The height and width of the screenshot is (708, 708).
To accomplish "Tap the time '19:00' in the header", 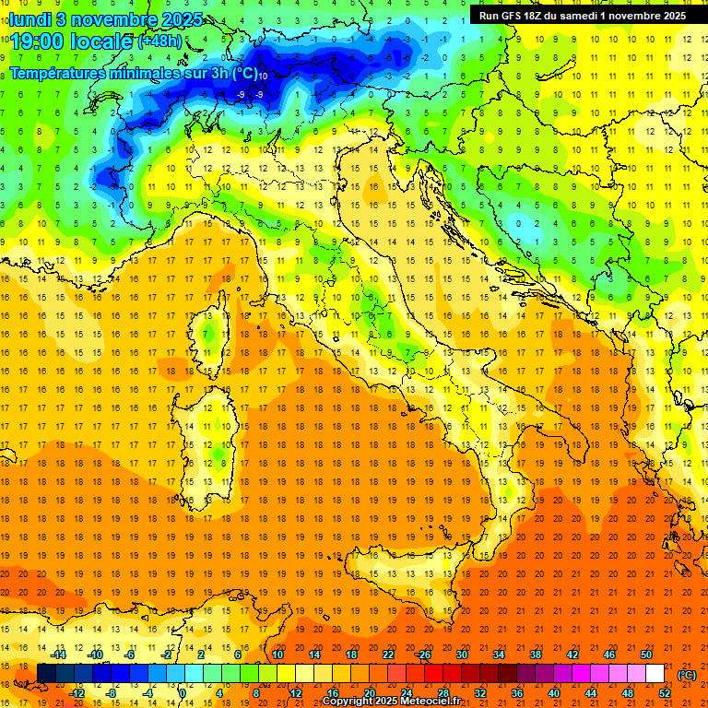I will tap(37, 41).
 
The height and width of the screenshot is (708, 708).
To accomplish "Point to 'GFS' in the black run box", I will tap(513, 16).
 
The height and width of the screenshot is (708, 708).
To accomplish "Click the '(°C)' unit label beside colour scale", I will tap(687, 675).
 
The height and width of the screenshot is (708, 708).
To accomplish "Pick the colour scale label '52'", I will tap(664, 693).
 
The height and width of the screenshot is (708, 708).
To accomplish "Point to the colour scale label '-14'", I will tap(60, 655).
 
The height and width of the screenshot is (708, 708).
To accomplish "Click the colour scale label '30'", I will tap(461, 655).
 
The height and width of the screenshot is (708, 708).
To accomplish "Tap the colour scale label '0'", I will tap(183, 693).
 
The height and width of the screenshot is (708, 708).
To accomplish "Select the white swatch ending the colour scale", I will tap(655, 674).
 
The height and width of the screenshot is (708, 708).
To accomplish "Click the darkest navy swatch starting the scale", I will tap(46, 674).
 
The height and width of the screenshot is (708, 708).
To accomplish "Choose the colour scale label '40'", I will tap(553, 693).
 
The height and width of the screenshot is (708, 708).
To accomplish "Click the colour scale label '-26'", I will tap(424, 655).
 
